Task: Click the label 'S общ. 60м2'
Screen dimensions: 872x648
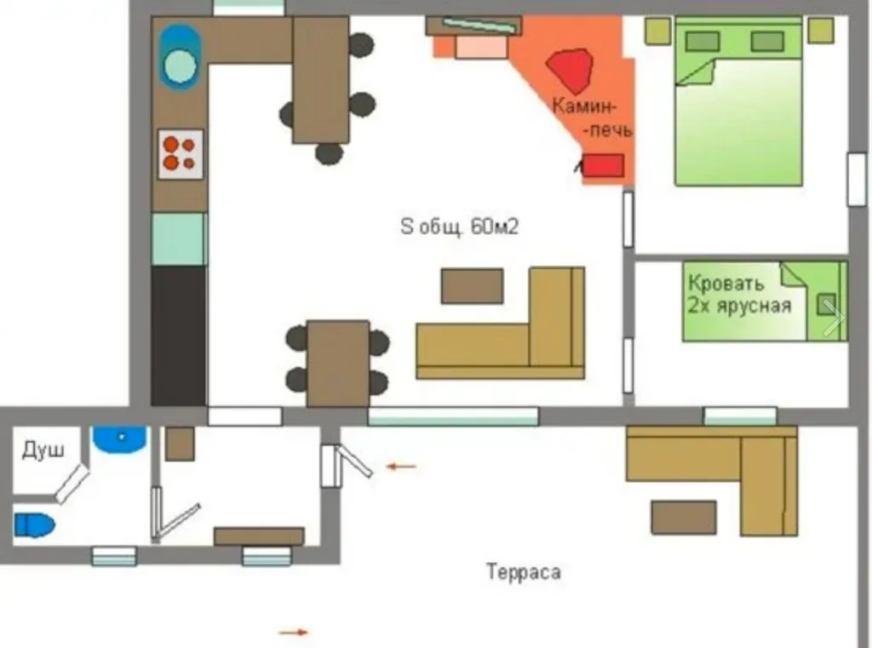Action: coord(459,227)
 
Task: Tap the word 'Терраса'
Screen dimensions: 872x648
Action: coord(524,572)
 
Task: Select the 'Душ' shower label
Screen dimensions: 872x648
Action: coord(43,450)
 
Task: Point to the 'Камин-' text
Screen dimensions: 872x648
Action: coord(584,106)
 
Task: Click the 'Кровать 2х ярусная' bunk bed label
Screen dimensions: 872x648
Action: coord(739,295)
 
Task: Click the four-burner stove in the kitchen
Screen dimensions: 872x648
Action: coord(181,154)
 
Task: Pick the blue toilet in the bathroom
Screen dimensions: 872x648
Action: coord(34,525)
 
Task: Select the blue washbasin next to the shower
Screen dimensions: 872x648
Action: coord(119,439)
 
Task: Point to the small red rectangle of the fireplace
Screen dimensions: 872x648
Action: coord(603,166)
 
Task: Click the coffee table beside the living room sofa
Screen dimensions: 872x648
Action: coord(472,286)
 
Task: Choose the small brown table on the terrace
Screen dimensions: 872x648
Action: coord(684,517)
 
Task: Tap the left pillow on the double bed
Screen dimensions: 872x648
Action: coord(703,41)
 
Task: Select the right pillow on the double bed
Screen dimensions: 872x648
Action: coord(767,41)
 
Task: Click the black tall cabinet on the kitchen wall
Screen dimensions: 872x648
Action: coord(179,336)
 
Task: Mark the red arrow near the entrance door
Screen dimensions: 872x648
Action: coord(401,467)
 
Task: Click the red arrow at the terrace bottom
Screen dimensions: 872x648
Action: coord(294,632)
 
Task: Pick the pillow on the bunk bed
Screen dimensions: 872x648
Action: coord(825,304)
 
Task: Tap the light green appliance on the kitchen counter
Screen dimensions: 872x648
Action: coord(179,239)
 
